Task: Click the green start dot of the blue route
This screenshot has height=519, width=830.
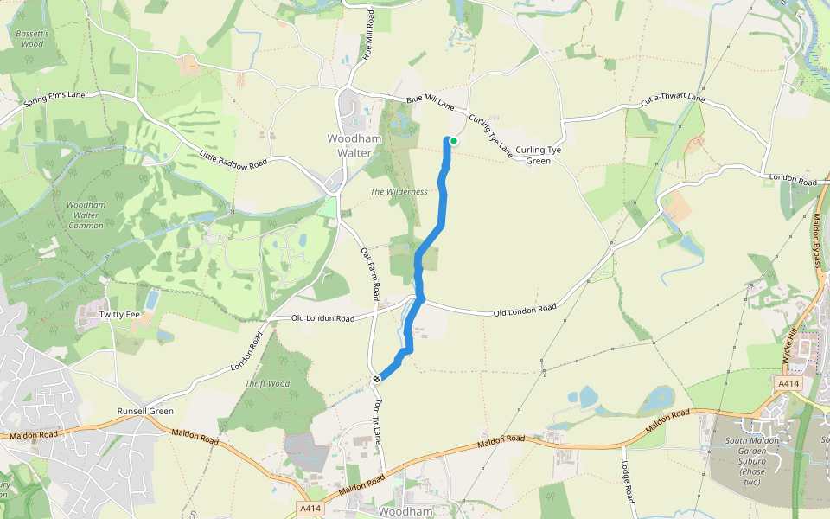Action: [453, 141]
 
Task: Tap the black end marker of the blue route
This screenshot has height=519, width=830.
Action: [378, 379]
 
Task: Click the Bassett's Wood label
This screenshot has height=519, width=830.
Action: [32, 38]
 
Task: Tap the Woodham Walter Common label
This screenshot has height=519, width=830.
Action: [85, 215]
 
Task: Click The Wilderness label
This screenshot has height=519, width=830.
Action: [399, 191]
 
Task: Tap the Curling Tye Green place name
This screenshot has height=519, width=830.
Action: [539, 155]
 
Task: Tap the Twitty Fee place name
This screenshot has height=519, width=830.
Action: [118, 314]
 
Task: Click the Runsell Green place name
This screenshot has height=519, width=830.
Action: [145, 411]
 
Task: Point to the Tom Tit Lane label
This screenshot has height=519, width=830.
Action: [377, 422]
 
